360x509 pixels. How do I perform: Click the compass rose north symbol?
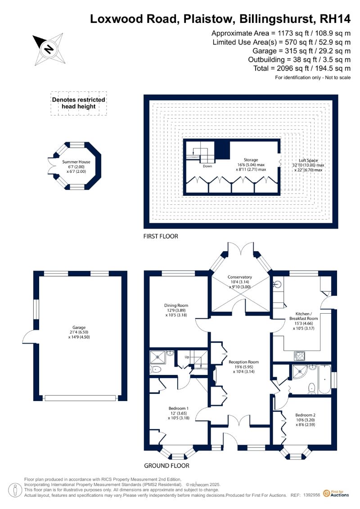coord(49,49)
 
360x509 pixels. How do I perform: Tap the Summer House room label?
coord(76,162)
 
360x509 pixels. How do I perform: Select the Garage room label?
coord(79,328)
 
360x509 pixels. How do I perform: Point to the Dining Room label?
coord(176,305)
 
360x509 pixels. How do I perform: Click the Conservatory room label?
coord(240,277)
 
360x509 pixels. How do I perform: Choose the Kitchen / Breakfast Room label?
coord(303,316)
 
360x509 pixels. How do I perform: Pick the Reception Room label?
coord(243,362)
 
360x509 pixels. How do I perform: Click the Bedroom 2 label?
coord(305,415)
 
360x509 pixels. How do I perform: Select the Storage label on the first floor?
coord(251,160)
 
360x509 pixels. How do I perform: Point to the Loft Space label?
coord(308,160)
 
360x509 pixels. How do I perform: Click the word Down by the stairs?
coord(207,166)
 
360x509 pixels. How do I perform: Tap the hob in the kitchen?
coord(299,356)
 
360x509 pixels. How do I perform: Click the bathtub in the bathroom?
coord(325,379)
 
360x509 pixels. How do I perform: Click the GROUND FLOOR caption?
coord(166,465)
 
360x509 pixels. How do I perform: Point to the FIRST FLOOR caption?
coord(161,236)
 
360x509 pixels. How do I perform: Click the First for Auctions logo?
coord(336,494)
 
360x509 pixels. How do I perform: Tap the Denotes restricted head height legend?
coord(79,103)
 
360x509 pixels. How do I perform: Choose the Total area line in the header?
coord(302,68)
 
